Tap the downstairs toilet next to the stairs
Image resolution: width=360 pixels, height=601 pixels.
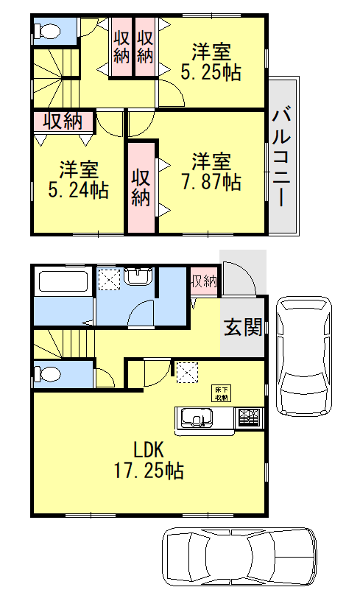(49, 373)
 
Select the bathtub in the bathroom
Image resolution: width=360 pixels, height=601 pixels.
(63, 283)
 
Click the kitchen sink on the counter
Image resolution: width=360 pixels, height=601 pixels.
(196, 419)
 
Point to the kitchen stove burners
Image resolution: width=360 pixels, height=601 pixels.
(248, 418)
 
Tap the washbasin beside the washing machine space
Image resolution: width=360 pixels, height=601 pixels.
(138, 277)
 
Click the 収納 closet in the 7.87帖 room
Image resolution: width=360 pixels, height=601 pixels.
(141, 187)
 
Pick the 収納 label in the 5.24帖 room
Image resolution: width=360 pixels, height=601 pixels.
(63, 122)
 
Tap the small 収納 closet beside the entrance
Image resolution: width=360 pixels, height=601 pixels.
(204, 281)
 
